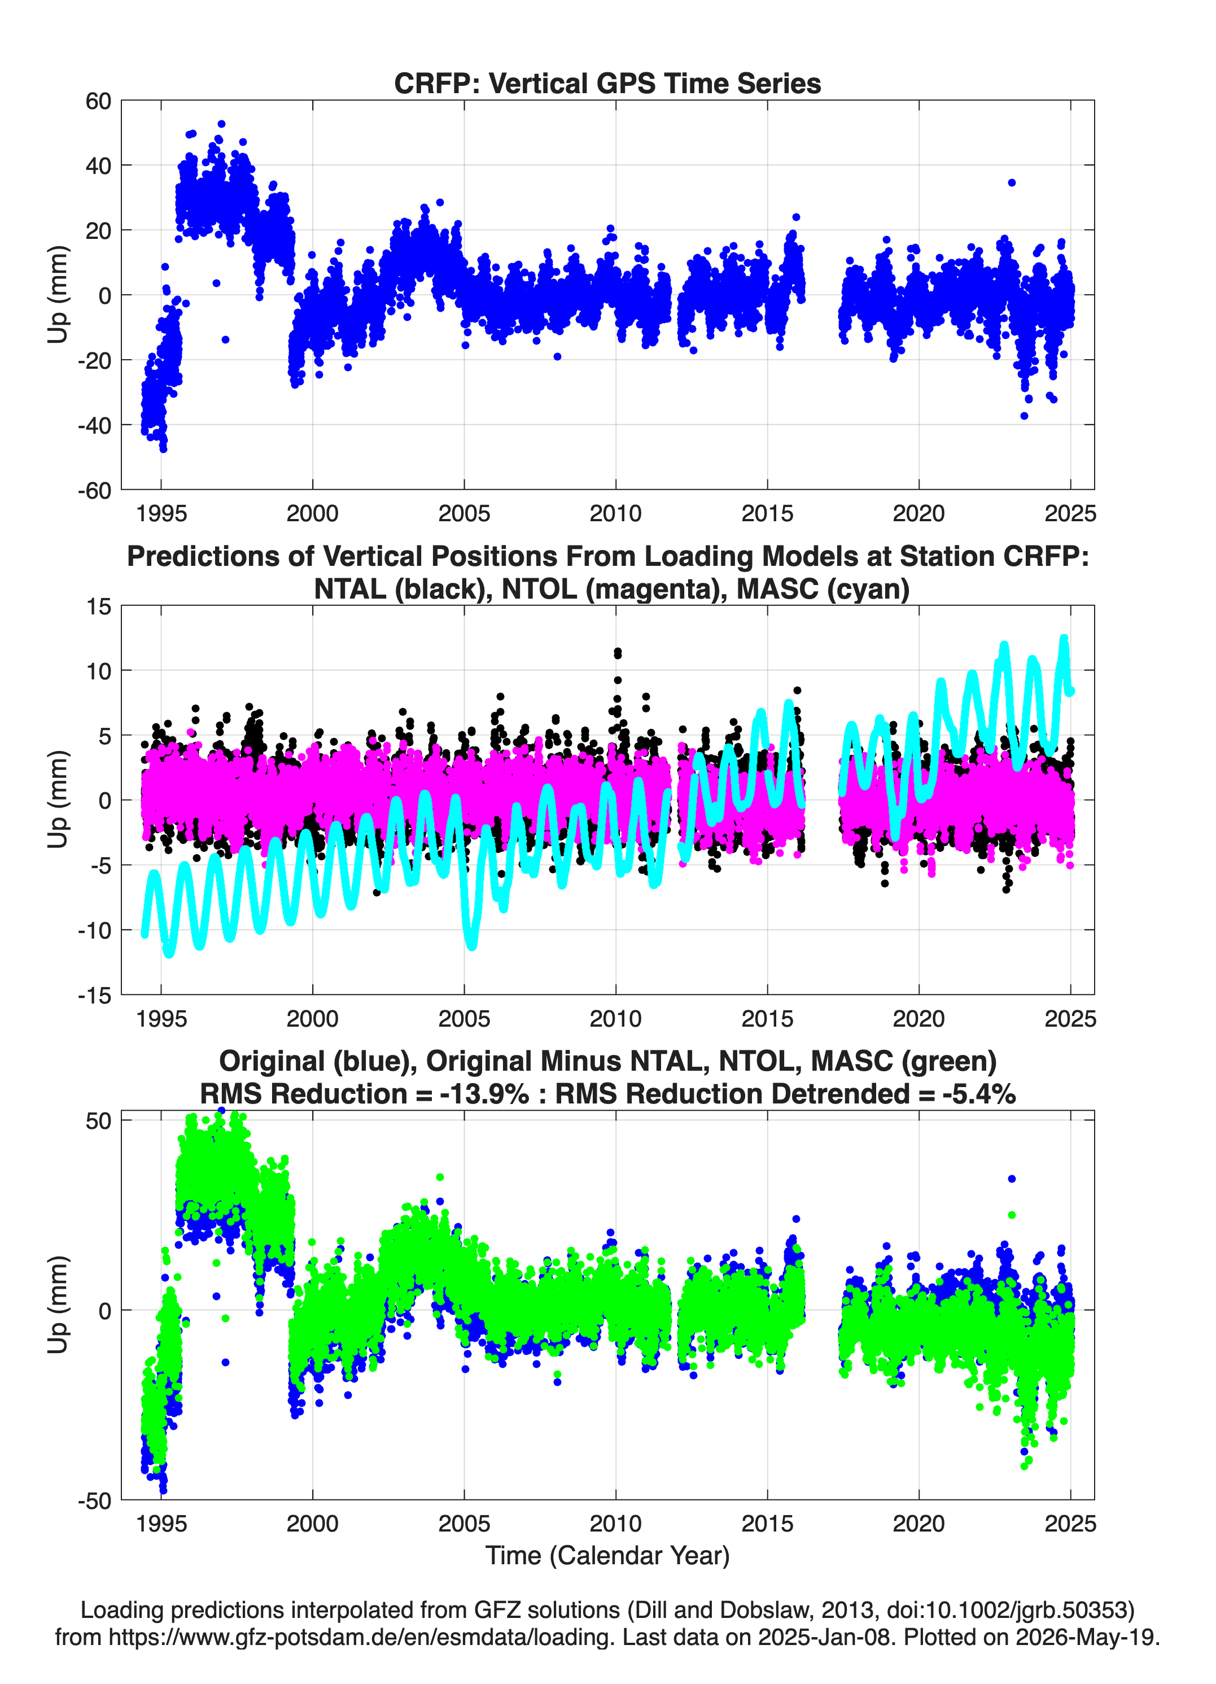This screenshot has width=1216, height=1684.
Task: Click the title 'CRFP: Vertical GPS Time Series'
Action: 607,83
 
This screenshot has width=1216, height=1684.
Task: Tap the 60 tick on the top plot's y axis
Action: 98,101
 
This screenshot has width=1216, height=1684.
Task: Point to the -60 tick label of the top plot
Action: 94,490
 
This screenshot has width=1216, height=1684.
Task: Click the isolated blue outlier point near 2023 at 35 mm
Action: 1011,182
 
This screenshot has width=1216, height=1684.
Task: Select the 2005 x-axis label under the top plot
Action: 464,513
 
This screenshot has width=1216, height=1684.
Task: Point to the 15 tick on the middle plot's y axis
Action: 99,606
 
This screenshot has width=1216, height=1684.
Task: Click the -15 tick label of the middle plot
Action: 94,995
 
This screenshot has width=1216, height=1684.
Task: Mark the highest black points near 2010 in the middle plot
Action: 618,653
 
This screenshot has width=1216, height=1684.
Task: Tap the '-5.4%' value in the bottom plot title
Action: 978,1094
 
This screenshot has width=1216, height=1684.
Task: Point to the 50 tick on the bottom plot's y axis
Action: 98,1120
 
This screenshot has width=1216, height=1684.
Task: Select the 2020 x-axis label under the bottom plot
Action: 919,1523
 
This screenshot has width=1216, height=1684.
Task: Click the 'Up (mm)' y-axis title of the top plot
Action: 57,295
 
